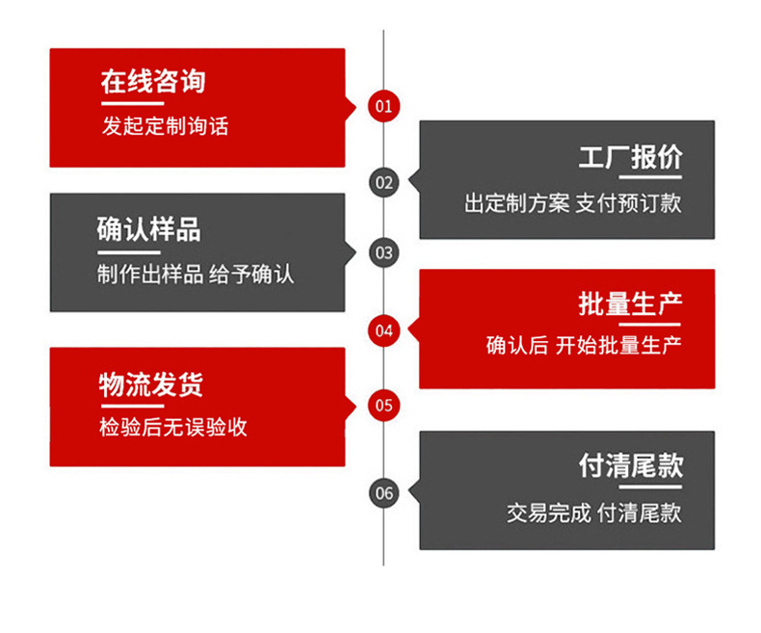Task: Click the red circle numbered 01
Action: pos(383,105)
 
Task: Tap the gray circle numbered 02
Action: pos(383,181)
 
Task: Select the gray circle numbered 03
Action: pos(383,253)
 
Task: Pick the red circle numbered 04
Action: pos(383,330)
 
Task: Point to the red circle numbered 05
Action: pos(383,405)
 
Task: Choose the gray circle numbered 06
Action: pos(383,492)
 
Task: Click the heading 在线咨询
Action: pos(153,81)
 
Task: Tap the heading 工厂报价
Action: pos(630,158)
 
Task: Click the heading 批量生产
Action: pos(630,305)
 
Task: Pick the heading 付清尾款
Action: pos(630,466)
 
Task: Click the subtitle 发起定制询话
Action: pos(165,125)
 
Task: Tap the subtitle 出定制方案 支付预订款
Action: pos(573,203)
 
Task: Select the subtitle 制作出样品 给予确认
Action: pos(195,274)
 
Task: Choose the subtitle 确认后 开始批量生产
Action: pos(584,346)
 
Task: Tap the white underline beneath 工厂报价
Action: pos(656,178)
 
